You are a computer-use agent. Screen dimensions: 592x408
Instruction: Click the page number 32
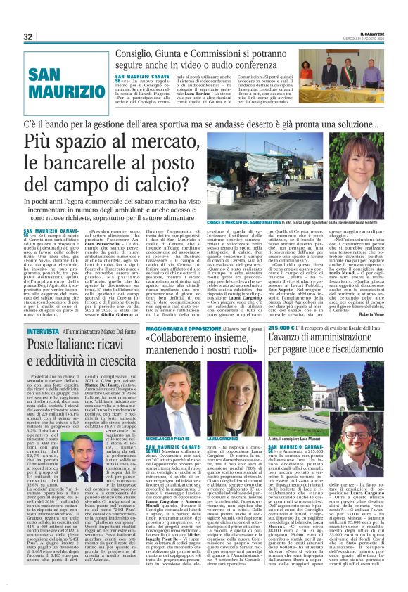coord(28,37)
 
